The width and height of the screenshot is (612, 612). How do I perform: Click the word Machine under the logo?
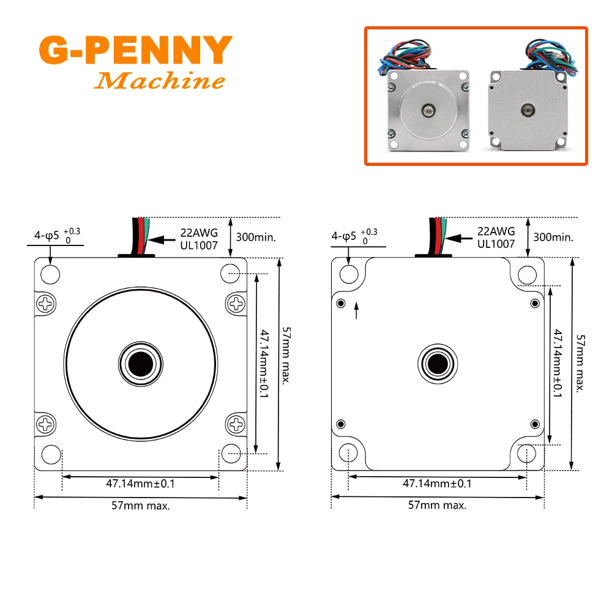pyautogui.click(x=160, y=80)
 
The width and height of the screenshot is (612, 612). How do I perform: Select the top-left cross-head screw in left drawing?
pyautogui.click(x=47, y=302)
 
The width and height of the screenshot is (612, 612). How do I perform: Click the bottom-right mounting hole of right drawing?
pyautogui.click(x=527, y=453)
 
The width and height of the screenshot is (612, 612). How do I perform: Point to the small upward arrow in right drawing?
pyautogui.click(x=357, y=313)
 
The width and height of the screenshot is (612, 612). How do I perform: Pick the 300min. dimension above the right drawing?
pyautogui.click(x=553, y=237)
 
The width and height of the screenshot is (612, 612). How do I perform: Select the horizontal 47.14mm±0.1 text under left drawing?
pyautogui.click(x=141, y=483)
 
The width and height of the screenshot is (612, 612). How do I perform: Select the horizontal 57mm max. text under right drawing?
pyautogui.click(x=437, y=505)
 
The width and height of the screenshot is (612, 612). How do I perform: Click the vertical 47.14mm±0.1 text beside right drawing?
pyautogui.click(x=558, y=364)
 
